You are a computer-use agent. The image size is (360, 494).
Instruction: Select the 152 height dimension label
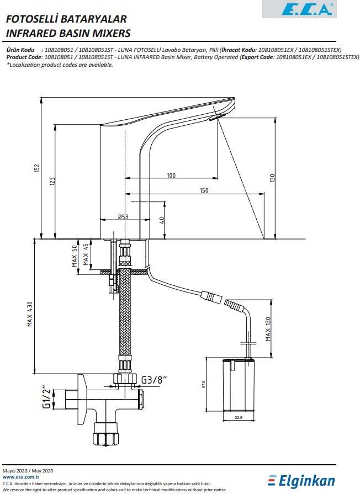[37, 168]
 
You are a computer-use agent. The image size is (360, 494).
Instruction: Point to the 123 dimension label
[52, 181]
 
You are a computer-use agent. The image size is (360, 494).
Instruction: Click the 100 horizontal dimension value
[171, 175]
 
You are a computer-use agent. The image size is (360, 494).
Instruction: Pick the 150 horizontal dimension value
[204, 190]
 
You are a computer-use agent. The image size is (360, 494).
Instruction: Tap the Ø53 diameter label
[123, 217]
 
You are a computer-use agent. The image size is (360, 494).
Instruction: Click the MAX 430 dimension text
[30, 314]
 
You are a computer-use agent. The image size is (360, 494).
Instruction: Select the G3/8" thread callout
[153, 380]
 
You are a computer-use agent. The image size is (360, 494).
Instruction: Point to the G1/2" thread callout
[46, 396]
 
